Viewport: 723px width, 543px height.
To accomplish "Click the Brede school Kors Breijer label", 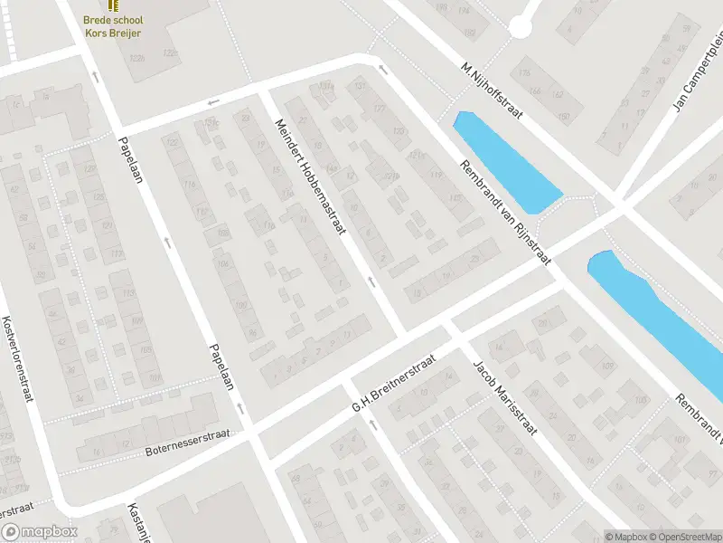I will click(113, 25).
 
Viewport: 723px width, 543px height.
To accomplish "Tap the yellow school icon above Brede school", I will click(113, 5).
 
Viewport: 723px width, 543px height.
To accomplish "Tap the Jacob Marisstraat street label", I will click(504, 398).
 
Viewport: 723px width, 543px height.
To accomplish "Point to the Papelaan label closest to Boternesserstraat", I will click(222, 367).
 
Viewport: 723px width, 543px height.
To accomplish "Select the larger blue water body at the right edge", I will click(660, 312).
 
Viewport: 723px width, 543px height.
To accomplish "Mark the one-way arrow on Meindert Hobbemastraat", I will click(371, 283).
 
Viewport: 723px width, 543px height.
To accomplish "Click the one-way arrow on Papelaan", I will click(167, 242).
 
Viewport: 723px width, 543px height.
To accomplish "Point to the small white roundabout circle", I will click(521, 28).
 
